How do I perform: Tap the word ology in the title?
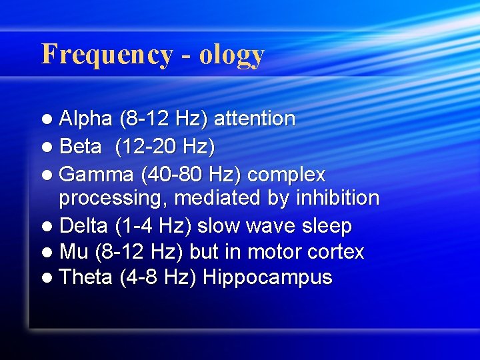tap(231, 55)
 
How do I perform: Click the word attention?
tap(255, 119)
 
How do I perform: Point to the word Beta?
tap(81, 147)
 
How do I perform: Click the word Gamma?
tap(97, 175)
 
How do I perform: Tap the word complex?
tap(286, 175)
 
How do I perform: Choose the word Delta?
tap(83, 226)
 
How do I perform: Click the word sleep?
tap(326, 227)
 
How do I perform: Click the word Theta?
tap(86, 277)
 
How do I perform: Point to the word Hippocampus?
tap(267, 278)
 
